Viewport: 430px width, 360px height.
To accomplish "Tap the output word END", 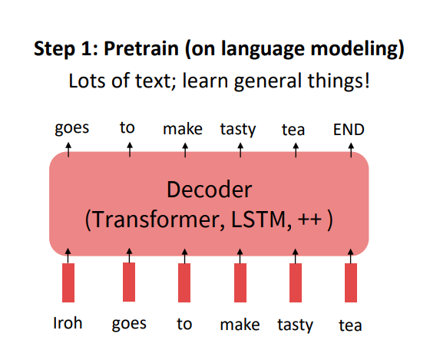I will coord(349,130).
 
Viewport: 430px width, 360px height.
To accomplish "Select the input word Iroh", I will coord(68,323).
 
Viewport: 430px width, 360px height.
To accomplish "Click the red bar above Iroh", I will coord(68,282).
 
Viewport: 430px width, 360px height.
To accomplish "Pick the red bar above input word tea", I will coord(351,282).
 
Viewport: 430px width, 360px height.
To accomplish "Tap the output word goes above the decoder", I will coord(71,128).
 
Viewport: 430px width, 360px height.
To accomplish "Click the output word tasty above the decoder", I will coord(238,129).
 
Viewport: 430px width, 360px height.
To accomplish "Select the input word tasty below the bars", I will coord(295,325).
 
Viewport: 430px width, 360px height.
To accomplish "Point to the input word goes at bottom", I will coord(128,324).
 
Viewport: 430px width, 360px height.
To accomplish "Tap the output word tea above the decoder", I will coord(293,130).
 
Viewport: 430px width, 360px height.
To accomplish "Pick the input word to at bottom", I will coord(184,323).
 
